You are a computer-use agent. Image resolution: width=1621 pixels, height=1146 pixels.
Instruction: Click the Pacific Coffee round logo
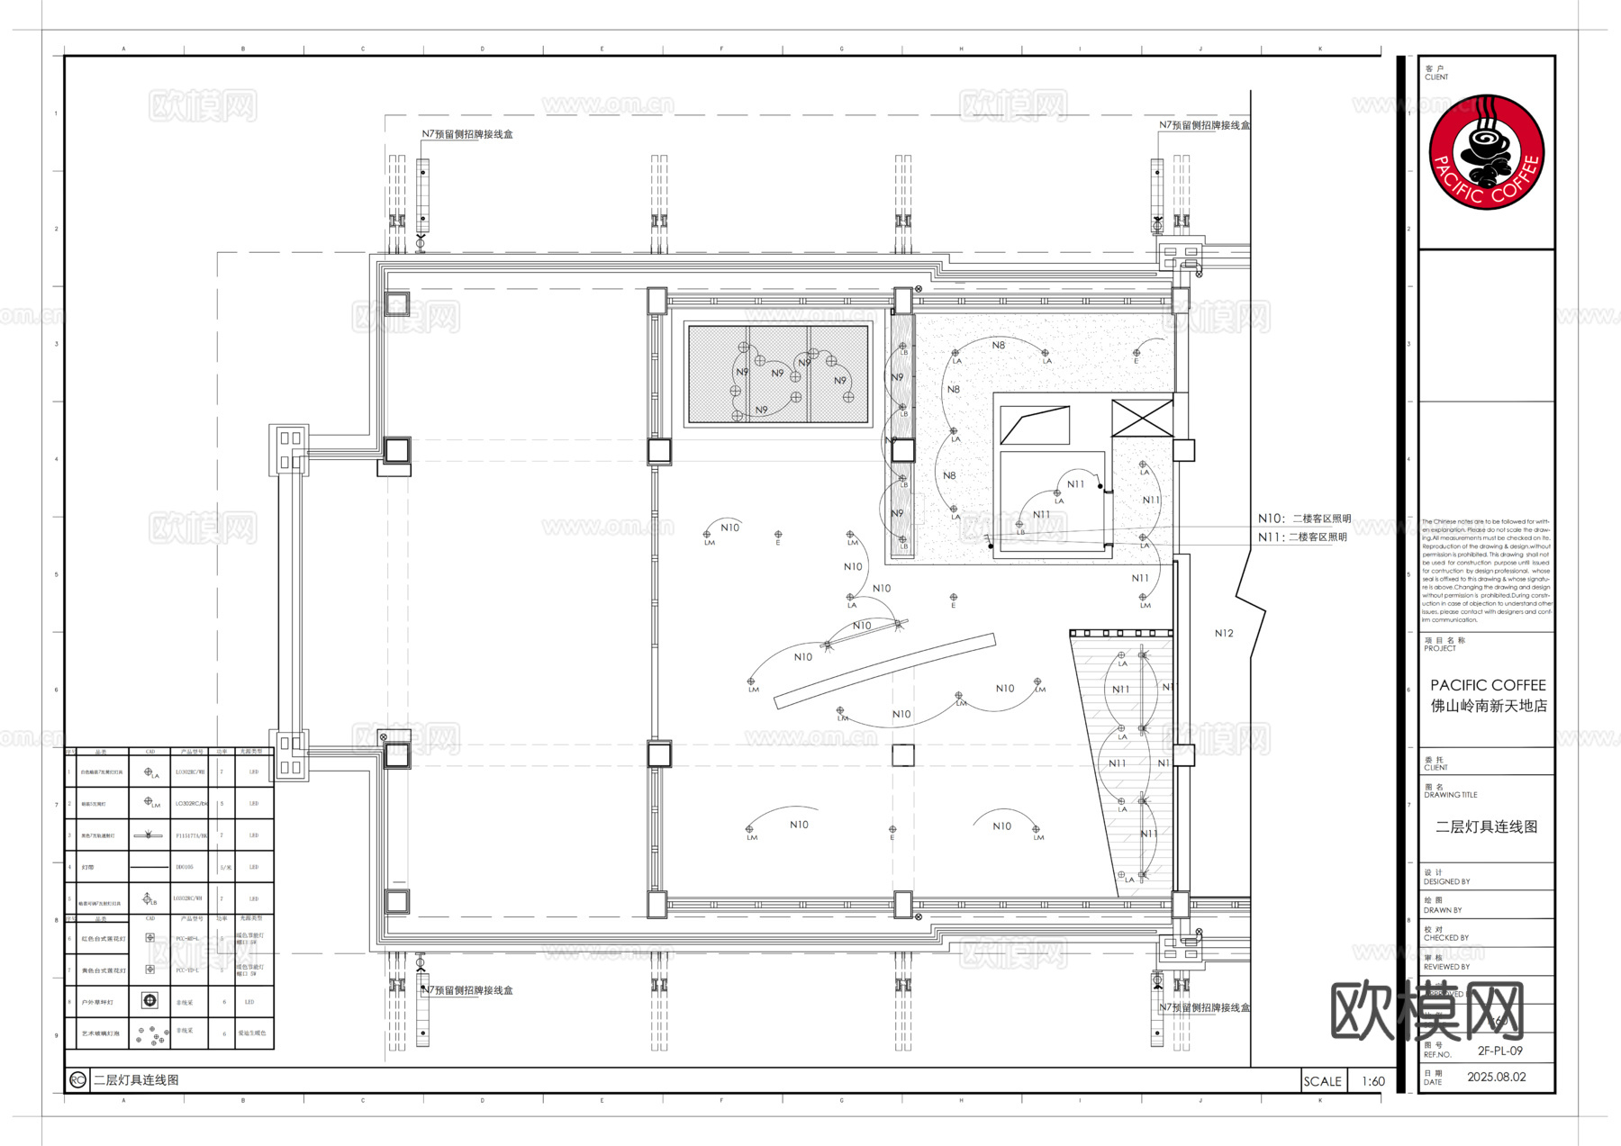click(1486, 152)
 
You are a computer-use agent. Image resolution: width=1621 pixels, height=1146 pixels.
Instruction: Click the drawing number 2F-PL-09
click(1499, 1051)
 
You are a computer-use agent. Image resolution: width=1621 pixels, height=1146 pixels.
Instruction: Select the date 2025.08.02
click(1496, 1077)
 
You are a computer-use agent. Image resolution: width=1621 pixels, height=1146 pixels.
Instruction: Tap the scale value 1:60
click(1372, 1081)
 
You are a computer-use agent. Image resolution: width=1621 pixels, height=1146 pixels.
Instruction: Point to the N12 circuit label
click(1224, 633)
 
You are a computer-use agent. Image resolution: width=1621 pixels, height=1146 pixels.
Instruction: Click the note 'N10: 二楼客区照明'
click(1304, 519)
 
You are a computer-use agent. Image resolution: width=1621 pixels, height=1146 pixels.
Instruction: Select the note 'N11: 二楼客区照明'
click(1302, 537)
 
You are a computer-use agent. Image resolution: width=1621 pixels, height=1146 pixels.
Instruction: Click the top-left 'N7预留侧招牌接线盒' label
click(467, 134)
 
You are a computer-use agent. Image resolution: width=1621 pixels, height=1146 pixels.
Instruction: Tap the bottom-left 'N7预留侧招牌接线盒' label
click(467, 990)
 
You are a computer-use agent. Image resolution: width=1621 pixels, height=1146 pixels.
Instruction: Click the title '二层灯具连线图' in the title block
click(1486, 826)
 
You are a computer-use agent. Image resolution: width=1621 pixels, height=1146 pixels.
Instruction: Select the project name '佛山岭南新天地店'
click(1489, 706)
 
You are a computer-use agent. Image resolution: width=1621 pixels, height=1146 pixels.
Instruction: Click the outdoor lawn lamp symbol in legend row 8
click(150, 1000)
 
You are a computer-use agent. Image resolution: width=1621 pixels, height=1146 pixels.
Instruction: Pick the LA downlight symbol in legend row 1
click(149, 772)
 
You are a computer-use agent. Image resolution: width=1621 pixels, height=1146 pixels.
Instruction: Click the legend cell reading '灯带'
click(87, 867)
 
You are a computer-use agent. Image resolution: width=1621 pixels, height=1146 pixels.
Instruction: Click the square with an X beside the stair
click(1142, 419)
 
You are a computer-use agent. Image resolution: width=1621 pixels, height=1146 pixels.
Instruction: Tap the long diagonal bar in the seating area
click(884, 672)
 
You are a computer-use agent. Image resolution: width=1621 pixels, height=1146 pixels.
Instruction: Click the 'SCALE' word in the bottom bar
click(1322, 1081)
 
